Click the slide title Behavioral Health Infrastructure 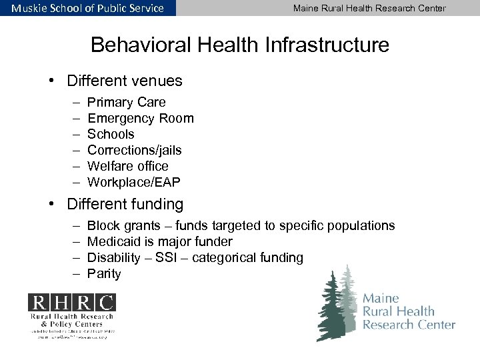(x=239, y=45)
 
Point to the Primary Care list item (x=126, y=103)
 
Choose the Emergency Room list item (x=140, y=119)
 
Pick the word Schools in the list (x=111, y=135)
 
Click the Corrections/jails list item (x=134, y=151)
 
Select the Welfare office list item (x=127, y=167)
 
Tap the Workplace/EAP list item (x=133, y=183)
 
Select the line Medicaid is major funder (x=159, y=242)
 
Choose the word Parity (x=104, y=274)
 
